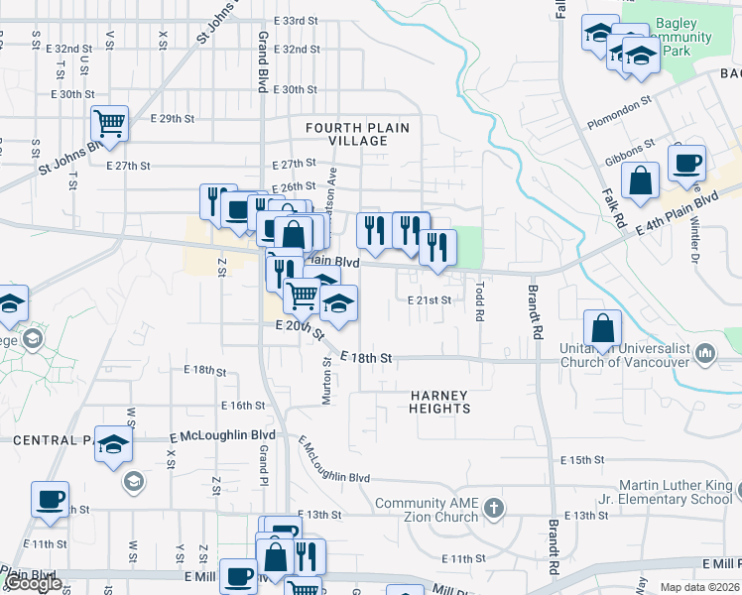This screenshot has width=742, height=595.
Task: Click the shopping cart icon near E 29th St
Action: [x=110, y=124]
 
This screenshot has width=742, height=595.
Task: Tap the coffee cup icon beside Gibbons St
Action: [x=685, y=162]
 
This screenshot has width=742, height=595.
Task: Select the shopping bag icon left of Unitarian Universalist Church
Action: [x=603, y=327]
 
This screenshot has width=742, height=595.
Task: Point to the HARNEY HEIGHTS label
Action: [x=439, y=402]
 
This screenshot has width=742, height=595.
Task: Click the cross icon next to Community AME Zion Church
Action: [x=495, y=510]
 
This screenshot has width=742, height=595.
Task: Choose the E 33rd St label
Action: [x=294, y=20]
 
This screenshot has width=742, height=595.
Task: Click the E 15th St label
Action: [x=582, y=460]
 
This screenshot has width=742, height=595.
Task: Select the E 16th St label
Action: [x=243, y=405]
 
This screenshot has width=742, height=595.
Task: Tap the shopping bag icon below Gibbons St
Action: [x=641, y=180]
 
